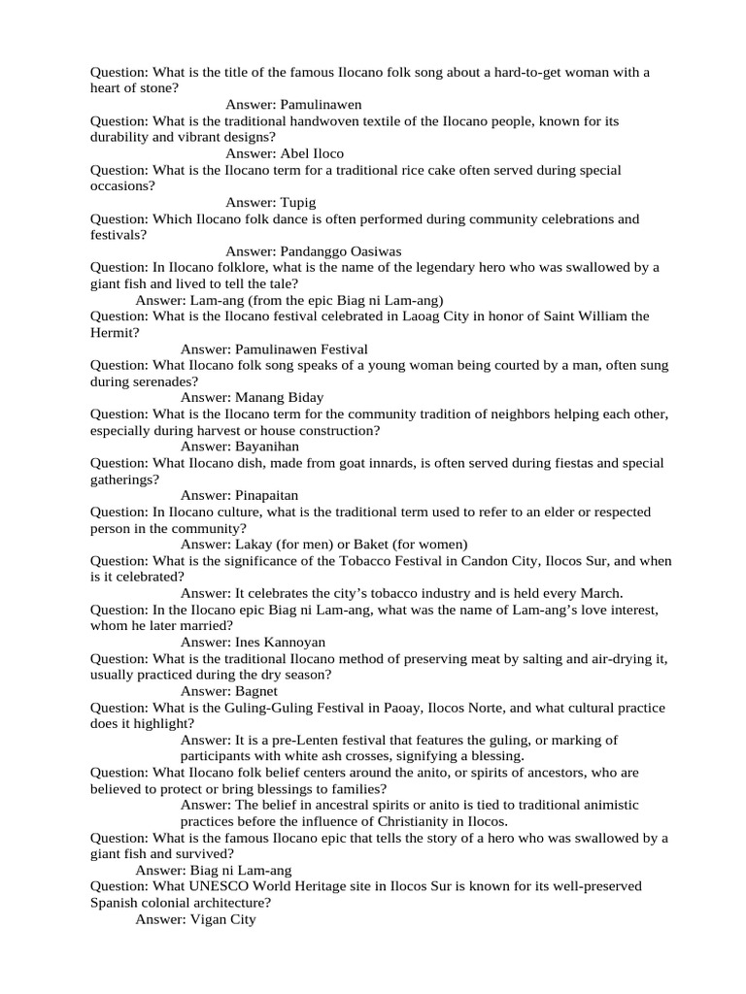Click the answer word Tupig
coord(298,202)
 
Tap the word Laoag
coord(461,316)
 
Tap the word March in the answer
coord(599,592)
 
